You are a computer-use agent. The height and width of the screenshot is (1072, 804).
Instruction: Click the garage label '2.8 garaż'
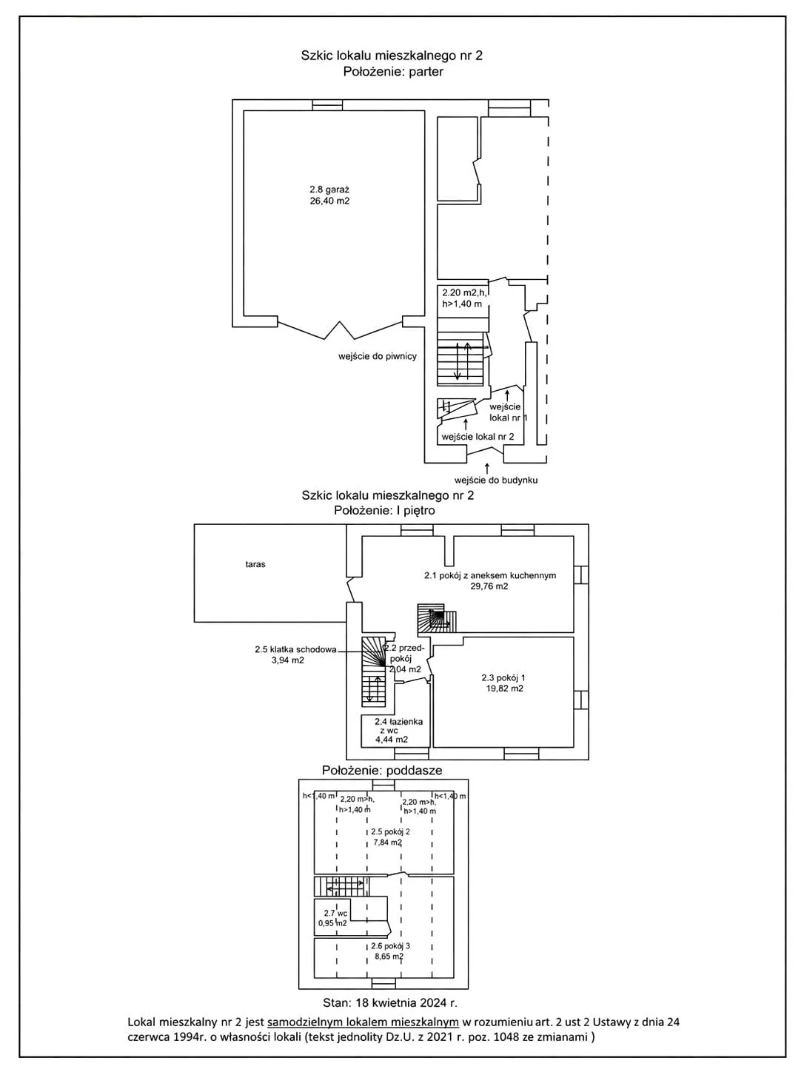[329, 190]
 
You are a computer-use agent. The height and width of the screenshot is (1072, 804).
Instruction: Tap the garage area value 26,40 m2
[329, 201]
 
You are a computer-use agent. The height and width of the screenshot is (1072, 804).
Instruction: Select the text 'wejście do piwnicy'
[378, 357]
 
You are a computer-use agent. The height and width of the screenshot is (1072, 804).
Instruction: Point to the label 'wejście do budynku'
[496, 480]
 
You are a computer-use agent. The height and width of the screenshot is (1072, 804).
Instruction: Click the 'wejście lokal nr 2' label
[478, 437]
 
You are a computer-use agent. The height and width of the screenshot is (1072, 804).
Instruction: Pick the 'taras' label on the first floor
[255, 564]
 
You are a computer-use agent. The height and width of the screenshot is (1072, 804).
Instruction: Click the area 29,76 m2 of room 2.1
[489, 586]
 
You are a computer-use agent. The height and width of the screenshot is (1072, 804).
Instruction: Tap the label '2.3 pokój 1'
[503, 678]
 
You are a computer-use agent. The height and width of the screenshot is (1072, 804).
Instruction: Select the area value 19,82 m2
[503, 689]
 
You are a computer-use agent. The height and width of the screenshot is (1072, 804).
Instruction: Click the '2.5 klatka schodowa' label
[295, 649]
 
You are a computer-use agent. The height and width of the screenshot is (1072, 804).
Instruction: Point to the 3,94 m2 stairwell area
[287, 660]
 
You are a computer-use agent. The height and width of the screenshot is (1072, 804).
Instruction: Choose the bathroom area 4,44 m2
[392, 740]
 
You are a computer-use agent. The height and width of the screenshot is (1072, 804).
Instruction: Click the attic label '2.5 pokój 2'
[390, 831]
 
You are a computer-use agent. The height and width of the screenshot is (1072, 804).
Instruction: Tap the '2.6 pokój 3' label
[390, 946]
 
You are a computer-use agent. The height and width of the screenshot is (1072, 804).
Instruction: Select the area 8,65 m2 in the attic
[389, 957]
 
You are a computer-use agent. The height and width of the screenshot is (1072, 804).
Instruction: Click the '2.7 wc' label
[335, 913]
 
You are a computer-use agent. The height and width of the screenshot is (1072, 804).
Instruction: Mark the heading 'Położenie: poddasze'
[382, 771]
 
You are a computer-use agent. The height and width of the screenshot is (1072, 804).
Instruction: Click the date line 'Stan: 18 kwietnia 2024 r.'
[390, 1003]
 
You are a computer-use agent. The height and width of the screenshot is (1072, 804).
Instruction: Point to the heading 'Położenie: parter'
[393, 72]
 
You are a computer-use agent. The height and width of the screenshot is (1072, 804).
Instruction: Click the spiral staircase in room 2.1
[438, 618]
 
